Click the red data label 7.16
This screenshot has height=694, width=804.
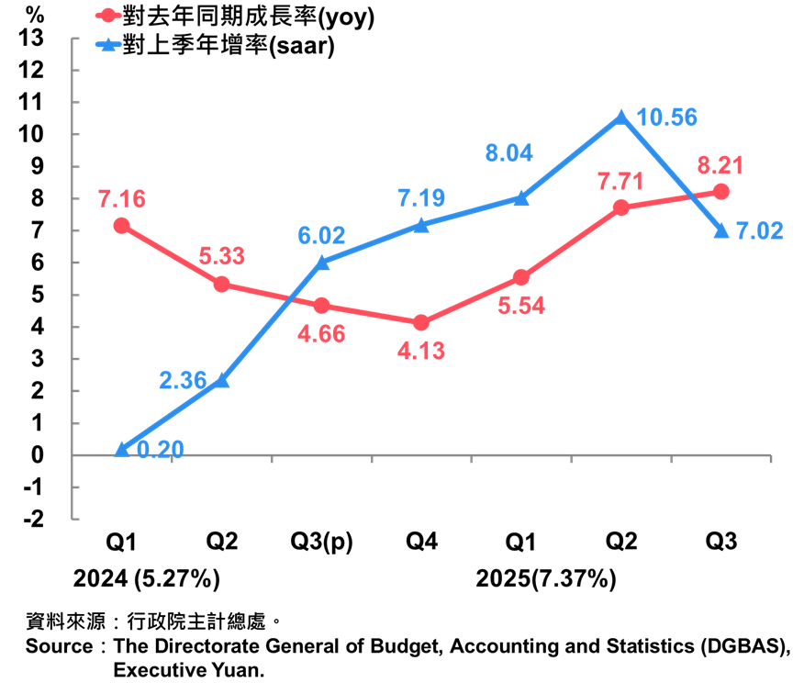point(122,198)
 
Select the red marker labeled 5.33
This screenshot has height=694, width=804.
point(222,285)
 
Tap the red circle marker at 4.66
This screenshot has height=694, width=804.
point(322,306)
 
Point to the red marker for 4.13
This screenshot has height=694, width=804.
point(421,323)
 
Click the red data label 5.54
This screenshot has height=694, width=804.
point(521,306)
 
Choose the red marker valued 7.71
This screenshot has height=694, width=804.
point(621,207)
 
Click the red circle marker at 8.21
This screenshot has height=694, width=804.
point(721,191)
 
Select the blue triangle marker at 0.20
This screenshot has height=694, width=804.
point(122,449)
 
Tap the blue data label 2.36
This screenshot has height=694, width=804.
point(183,380)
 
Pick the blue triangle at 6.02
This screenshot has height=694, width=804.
point(322,263)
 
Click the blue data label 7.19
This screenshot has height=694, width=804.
point(421,198)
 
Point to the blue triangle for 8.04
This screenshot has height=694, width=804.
point(521,198)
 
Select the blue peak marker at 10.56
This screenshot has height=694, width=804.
point(621,117)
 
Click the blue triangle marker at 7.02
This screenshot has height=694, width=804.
point(721,230)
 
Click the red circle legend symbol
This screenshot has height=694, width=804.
point(108,16)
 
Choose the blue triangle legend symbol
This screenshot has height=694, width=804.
point(108,43)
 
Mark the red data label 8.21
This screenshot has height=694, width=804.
point(720,166)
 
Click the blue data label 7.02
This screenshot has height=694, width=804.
point(760,230)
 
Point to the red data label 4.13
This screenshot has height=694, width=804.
point(421,351)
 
